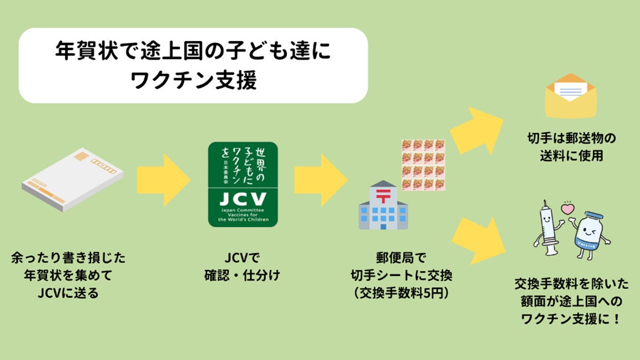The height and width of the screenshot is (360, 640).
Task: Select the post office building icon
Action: pyautogui.click(x=384, y=205)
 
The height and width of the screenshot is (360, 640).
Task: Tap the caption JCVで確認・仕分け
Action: pyautogui.click(x=242, y=266)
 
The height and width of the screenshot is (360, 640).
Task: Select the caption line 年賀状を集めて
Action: pyautogui.click(x=68, y=275)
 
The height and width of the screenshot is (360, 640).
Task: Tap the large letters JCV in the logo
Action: pyautogui.click(x=242, y=198)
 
